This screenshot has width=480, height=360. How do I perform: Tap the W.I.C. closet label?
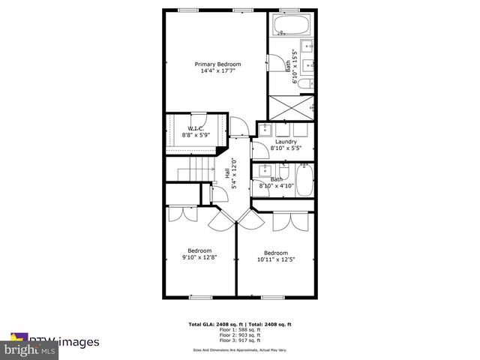[x=196, y=129]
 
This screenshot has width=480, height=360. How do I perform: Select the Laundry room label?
[x=286, y=141]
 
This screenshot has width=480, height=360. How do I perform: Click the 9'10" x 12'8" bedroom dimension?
[x=199, y=258]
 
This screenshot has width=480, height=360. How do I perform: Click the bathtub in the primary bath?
[x=292, y=25]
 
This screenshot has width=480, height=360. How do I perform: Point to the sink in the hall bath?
[x=262, y=172]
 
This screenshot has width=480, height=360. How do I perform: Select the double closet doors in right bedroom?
[x=291, y=220]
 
